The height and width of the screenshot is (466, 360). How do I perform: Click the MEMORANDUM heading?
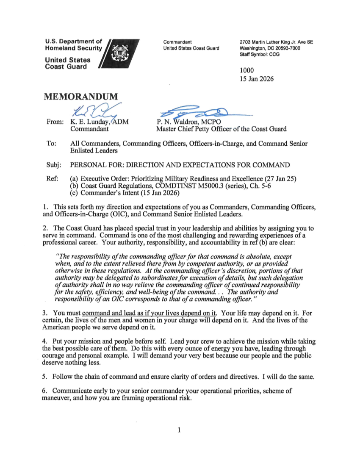pyautogui.click(x=81, y=97)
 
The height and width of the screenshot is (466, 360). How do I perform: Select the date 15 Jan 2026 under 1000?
pyautogui.click(x=257, y=79)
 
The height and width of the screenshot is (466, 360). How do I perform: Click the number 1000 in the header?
pyautogui.click(x=247, y=71)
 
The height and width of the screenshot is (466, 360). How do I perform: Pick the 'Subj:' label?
pyautogui.click(x=53, y=165)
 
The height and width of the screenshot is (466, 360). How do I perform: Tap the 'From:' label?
pyautogui.click(x=54, y=122)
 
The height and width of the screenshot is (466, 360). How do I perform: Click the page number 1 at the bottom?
pyautogui.click(x=180, y=431)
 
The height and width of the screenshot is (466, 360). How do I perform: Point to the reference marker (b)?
pyautogui.click(x=74, y=186)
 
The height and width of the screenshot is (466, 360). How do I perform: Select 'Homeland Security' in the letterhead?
pyautogui.click(x=74, y=48)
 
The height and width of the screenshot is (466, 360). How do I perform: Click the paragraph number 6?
pyautogui.click(x=44, y=391)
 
